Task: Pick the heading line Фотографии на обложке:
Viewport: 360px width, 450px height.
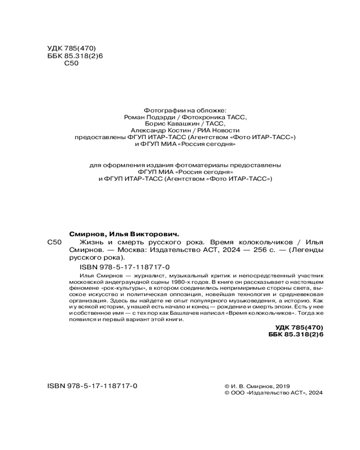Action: (185, 109)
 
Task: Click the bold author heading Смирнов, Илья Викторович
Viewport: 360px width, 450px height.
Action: (124, 234)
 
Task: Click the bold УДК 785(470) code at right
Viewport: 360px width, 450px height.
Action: (299, 327)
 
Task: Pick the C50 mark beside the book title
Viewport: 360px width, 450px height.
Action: (54, 243)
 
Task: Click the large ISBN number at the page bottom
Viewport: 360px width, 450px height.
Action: (92, 387)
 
